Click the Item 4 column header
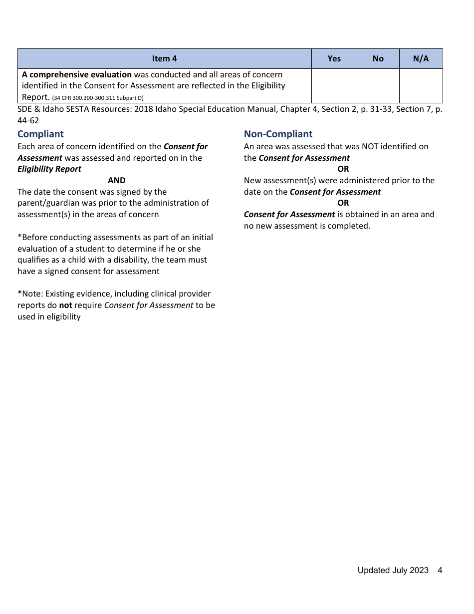point(164,58)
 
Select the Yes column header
point(334,58)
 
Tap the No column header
point(378,58)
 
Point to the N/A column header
point(421,58)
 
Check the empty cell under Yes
point(334,85)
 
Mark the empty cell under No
point(378,85)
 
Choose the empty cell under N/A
point(421,85)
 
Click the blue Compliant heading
point(40,134)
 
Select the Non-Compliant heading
point(278,134)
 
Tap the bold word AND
point(117,180)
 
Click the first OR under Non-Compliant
point(343,169)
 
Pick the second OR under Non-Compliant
point(343,203)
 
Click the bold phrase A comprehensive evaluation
point(77,74)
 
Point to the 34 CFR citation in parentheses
point(98,98)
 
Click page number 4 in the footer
point(440,570)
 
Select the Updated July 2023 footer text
point(393,570)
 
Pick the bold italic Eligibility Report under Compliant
point(49,169)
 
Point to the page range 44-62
point(28,120)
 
